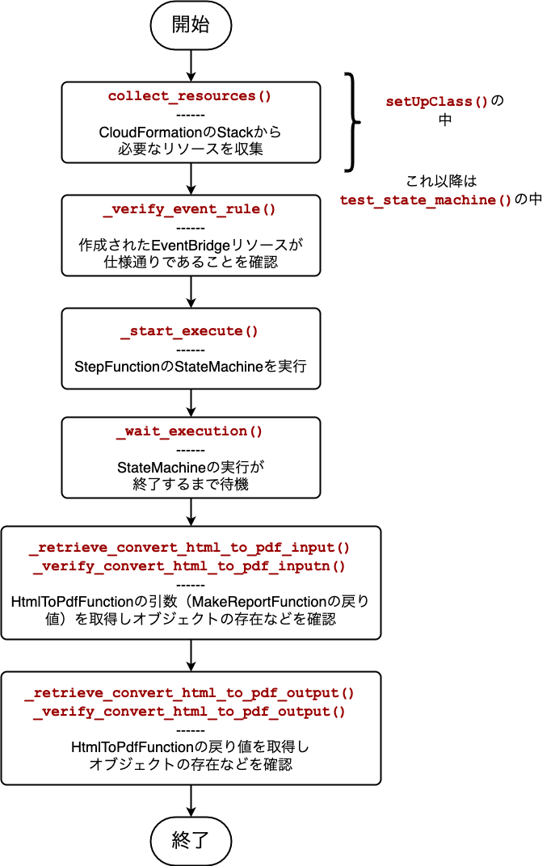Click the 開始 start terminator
pos(191,24)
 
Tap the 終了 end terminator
pos(191,839)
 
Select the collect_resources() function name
pos(190,96)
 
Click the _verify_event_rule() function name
pos(190,209)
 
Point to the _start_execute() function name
pos(190,331)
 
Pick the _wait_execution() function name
pos(190,431)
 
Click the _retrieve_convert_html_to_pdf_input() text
pos(190,548)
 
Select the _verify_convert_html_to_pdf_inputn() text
pos(190,566)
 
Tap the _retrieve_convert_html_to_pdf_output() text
pos(190,693)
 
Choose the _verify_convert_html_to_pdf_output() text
pos(190,712)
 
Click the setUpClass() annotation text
pos(437,102)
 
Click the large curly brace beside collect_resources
pos(352,122)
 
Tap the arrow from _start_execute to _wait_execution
pos(191,401)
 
